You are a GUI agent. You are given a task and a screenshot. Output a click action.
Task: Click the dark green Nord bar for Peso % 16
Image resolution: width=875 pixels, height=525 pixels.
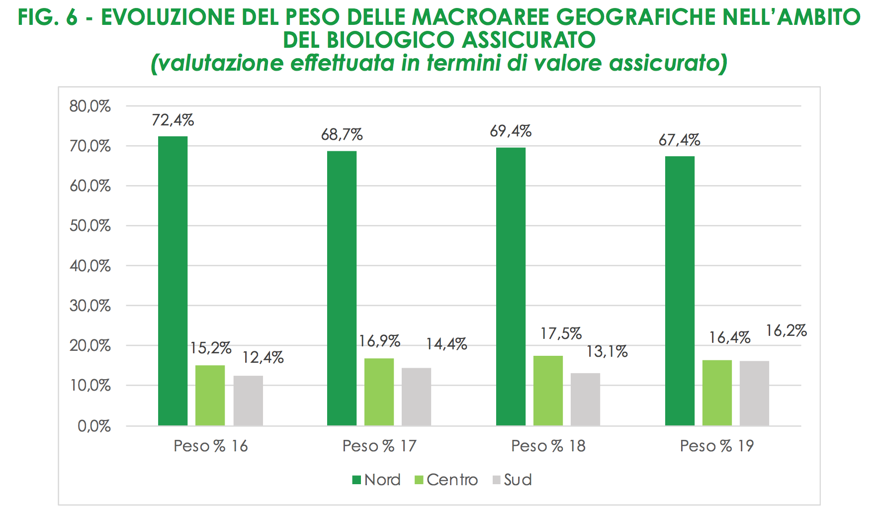[173, 281]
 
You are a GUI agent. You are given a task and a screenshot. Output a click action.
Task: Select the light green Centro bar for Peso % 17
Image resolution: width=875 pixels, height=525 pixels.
[379, 392]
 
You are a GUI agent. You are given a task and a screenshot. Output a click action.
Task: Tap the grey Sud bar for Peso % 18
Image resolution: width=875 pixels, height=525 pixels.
[585, 399]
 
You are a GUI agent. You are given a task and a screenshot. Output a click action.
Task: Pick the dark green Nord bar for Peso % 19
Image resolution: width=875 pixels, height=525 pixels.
[680, 291]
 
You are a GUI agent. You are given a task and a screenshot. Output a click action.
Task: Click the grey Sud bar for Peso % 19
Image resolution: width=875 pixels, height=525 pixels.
[754, 393]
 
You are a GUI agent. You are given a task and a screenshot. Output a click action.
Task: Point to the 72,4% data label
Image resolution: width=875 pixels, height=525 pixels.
[173, 120]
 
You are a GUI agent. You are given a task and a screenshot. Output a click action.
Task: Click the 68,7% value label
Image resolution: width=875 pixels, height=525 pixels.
[342, 134]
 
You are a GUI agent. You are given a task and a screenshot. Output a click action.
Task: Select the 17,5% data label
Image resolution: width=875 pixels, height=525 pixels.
[561, 333]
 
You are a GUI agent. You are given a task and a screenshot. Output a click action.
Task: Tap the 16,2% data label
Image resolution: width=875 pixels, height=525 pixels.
[786, 330]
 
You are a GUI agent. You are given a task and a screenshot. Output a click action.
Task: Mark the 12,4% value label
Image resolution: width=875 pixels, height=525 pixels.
[263, 357]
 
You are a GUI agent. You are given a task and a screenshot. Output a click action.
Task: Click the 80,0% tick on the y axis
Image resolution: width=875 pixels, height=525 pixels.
[90, 106]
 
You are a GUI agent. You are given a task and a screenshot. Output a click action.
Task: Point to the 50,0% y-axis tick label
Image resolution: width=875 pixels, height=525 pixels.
[90, 226]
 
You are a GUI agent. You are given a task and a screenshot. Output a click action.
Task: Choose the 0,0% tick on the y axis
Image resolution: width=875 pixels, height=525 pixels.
[94, 426]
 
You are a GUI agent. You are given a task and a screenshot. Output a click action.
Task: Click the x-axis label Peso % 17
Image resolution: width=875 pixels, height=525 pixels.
[379, 446]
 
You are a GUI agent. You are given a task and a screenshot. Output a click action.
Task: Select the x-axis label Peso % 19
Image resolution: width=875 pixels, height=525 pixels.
[717, 446]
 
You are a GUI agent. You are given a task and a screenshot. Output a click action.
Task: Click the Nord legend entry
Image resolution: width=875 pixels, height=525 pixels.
[376, 480]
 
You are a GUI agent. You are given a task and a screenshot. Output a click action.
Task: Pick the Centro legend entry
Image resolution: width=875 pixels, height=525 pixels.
[446, 480]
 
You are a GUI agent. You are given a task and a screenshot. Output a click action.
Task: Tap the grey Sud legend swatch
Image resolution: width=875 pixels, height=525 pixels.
[497, 480]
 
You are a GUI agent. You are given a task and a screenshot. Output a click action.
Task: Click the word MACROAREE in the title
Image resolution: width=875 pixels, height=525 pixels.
[480, 17]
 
